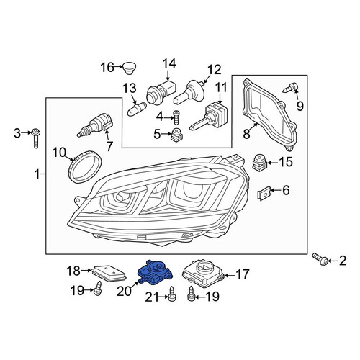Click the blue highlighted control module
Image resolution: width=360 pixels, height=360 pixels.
point(156,272)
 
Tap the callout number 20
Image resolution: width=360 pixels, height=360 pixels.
point(125,291)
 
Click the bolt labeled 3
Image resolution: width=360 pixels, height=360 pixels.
point(36,138)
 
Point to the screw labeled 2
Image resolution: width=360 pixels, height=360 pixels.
point(320,259)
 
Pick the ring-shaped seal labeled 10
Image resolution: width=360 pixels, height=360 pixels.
point(84,166)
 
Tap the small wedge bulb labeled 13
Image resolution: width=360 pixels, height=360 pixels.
point(136,108)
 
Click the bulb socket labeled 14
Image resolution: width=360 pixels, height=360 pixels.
point(161,92)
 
